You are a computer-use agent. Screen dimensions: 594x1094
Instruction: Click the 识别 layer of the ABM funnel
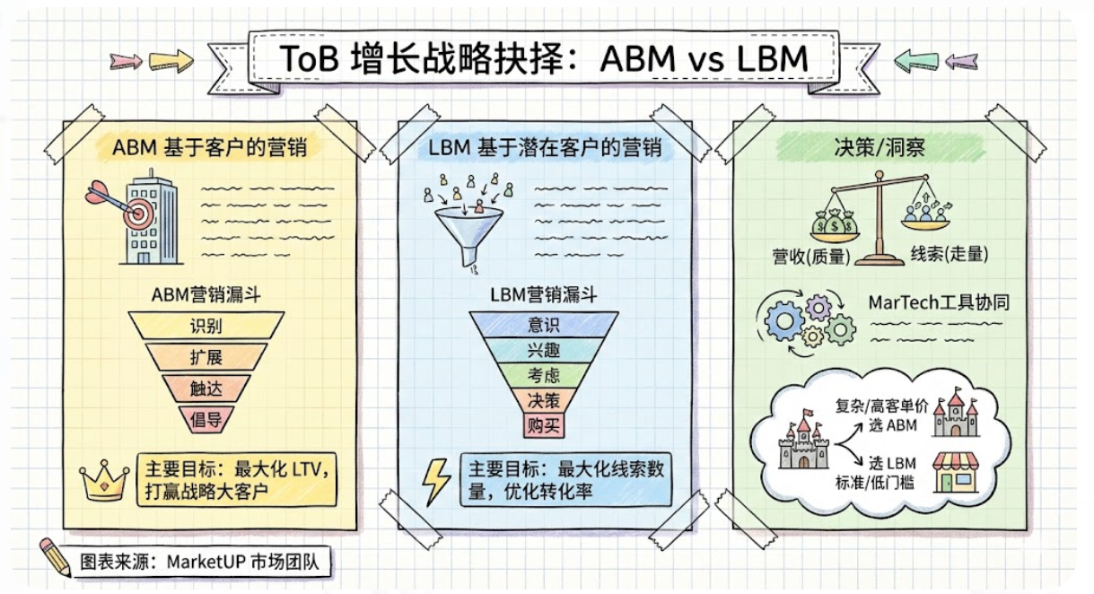[206, 325]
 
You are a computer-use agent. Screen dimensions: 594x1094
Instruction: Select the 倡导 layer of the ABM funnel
[206, 417]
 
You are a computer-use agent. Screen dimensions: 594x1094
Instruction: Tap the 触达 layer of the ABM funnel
[206, 388]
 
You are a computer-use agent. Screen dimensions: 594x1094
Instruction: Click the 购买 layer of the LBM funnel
[544, 424]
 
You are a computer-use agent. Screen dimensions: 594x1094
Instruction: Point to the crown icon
[105, 481]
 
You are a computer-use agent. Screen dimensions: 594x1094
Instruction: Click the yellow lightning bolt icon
[437, 480]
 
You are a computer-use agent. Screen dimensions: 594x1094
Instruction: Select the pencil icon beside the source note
[56, 557]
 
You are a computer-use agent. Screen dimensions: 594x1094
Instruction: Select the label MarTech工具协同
[939, 301]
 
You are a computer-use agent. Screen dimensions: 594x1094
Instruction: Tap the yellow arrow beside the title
[171, 61]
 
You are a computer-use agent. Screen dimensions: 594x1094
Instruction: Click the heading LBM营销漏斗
[544, 293]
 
